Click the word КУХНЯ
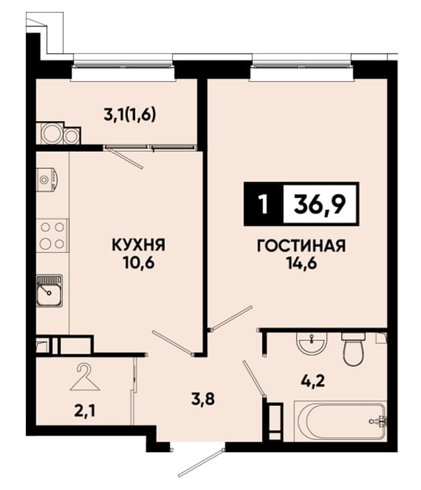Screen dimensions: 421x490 [138, 245]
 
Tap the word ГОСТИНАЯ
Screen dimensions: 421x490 [301, 246]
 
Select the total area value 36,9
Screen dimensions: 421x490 [320, 204]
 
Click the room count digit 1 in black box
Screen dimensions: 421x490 [264, 204]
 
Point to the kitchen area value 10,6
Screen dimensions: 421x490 [139, 263]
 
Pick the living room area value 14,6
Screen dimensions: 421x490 [301, 263]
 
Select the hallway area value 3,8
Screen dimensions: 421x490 [204, 399]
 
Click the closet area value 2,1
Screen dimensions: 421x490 [85, 412]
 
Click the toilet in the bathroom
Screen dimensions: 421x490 [353, 349]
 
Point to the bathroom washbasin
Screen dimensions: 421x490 [313, 343]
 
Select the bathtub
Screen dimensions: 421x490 [340, 422]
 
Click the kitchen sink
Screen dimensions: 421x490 [50, 290]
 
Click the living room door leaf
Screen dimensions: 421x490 [231, 318]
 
